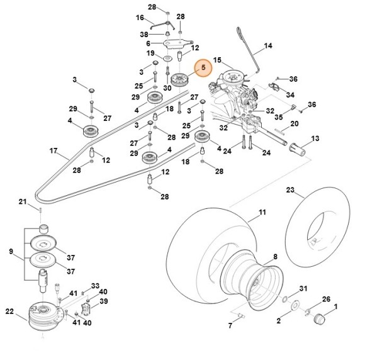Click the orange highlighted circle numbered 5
tap(203, 67)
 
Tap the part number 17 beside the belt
tap(53, 150)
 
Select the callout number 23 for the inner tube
tap(290, 190)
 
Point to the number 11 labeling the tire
tap(262, 212)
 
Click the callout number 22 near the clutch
tap(9, 311)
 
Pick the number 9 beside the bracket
tap(11, 252)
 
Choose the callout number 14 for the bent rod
tap(268, 46)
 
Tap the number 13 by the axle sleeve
tap(315, 138)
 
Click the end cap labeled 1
tap(318, 318)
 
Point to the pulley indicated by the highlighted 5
tap(181, 80)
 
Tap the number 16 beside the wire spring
tap(140, 18)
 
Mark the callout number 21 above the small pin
tap(23, 201)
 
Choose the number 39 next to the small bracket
tap(104, 301)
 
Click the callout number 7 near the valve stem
tap(230, 325)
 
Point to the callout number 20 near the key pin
tap(295, 123)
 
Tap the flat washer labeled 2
tap(295, 305)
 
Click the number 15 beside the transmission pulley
tap(217, 60)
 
